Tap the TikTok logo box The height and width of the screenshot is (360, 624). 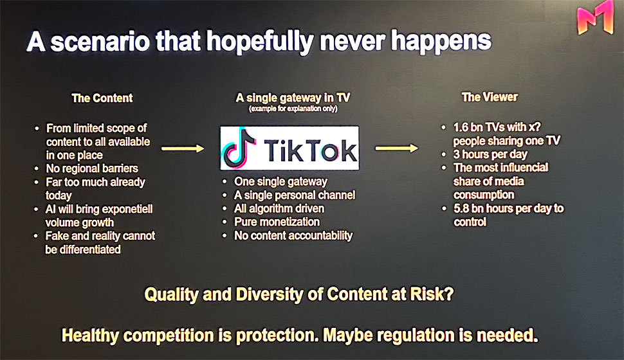point(289,148)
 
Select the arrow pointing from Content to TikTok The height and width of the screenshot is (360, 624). point(183,148)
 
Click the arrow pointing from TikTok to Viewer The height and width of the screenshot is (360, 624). point(397,148)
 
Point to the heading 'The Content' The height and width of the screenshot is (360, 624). point(102,98)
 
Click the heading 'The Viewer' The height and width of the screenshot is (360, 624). point(490,97)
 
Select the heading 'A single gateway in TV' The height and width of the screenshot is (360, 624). point(293,98)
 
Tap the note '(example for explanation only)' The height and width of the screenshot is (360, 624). point(293,109)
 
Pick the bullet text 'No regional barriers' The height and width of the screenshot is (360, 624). point(92,168)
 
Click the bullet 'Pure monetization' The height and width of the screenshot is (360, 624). point(277,222)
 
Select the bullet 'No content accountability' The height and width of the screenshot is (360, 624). point(293,235)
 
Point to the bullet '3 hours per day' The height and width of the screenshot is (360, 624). point(490,154)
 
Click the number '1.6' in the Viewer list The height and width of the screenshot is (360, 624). point(461,127)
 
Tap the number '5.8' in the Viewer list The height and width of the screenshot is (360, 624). point(461,208)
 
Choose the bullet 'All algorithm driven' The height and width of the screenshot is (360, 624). point(279,209)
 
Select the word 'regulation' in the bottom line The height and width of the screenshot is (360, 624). point(416,336)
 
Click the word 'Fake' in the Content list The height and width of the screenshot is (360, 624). point(57,236)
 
